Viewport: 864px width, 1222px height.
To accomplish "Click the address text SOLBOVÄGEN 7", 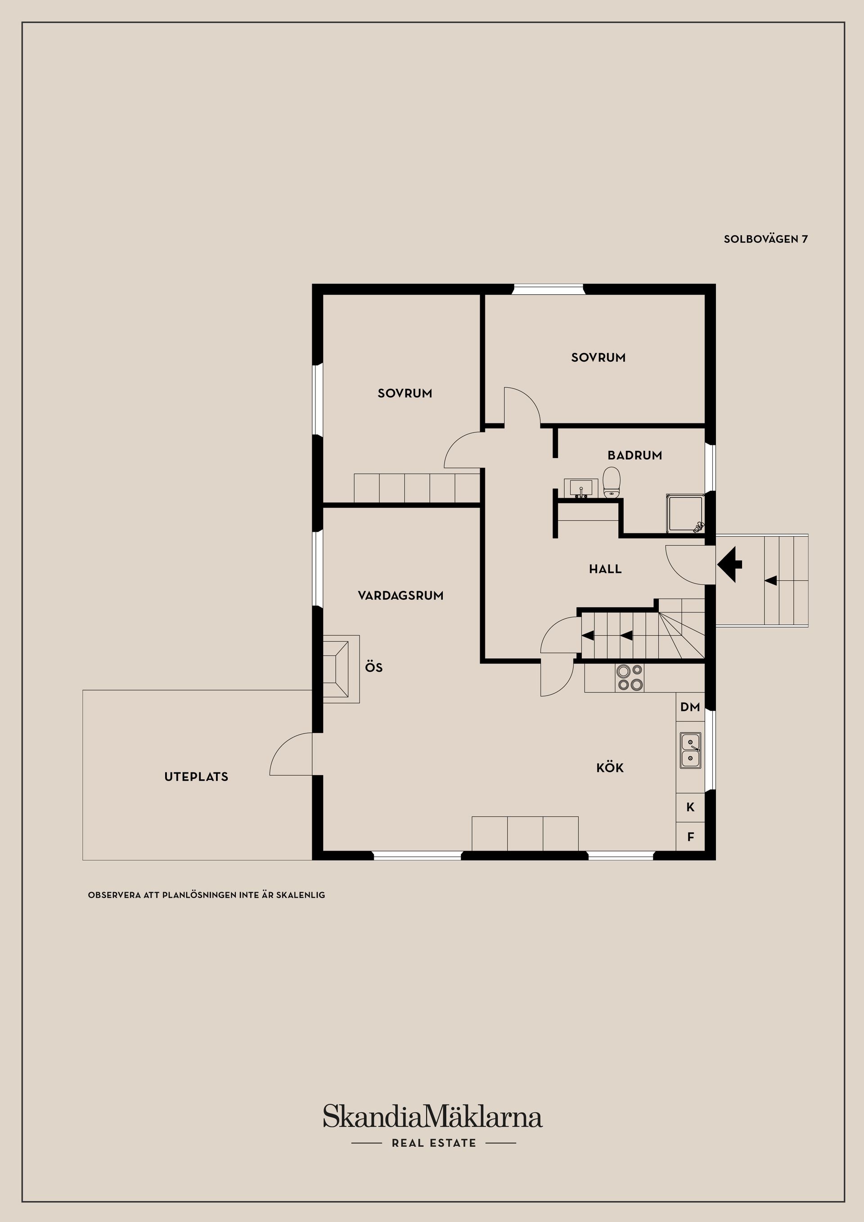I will click(x=765, y=239).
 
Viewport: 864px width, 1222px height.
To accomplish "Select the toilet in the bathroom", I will click(x=612, y=482).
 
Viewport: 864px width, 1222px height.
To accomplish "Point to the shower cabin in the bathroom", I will click(x=685, y=513).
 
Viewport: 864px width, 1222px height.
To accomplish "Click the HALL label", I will click(x=605, y=569).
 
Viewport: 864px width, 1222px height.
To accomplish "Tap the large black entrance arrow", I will click(x=730, y=565).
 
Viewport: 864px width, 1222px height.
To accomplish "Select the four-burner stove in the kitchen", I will click(x=629, y=678).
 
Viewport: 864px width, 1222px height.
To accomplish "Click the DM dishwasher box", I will click(x=690, y=707).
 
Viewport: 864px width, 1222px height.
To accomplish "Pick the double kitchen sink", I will click(x=690, y=750).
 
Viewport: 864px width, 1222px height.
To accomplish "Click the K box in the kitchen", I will click(x=690, y=807).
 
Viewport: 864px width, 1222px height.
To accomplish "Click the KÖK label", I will click(x=610, y=768).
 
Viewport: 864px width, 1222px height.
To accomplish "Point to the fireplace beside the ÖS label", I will click(x=340, y=669).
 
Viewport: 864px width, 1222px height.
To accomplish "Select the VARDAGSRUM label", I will click(x=400, y=596).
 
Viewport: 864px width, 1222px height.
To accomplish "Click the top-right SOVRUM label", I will click(x=598, y=358).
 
